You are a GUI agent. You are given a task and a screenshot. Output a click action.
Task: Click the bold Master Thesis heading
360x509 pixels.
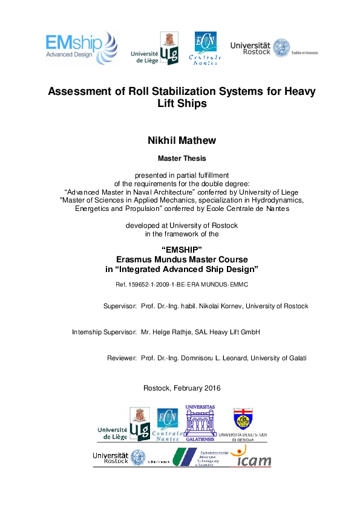pyautogui.click(x=182, y=159)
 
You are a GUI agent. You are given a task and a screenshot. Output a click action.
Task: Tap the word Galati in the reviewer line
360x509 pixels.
pyautogui.click(x=294, y=358)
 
